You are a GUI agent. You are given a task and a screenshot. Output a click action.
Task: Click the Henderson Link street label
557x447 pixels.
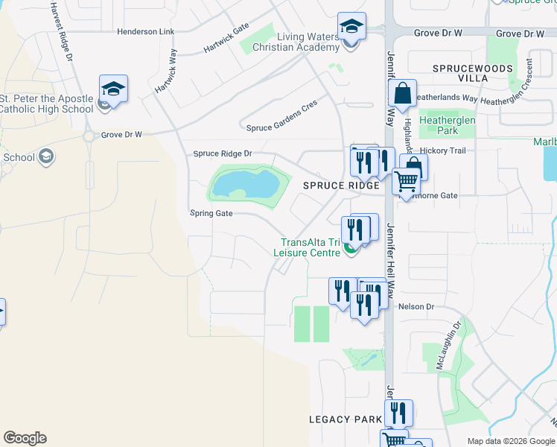[x=146, y=32]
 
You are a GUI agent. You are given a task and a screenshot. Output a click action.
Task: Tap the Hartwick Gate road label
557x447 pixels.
[x=226, y=41]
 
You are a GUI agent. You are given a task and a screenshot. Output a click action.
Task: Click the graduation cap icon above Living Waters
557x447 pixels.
[x=351, y=27]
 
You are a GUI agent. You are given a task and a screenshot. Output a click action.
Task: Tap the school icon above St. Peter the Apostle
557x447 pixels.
[x=113, y=89]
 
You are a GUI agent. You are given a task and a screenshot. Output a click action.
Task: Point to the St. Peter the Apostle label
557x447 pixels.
[x=47, y=104]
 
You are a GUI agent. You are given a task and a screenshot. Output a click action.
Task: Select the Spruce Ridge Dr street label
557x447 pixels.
[x=223, y=154]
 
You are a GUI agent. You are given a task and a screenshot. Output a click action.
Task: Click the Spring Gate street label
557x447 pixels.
[x=211, y=213]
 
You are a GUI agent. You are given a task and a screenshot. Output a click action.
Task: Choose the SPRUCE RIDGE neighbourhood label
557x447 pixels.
[x=335, y=186]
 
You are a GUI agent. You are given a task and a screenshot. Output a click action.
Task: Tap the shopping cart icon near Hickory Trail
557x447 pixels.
[x=406, y=180]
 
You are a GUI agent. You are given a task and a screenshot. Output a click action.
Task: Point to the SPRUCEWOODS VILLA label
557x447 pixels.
[x=473, y=73]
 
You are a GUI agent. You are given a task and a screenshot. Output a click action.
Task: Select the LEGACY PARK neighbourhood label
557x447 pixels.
[x=346, y=419]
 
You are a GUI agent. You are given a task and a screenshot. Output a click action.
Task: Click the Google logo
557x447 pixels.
[x=25, y=438]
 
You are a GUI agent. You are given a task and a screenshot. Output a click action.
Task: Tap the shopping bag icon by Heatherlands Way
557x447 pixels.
[x=402, y=93]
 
